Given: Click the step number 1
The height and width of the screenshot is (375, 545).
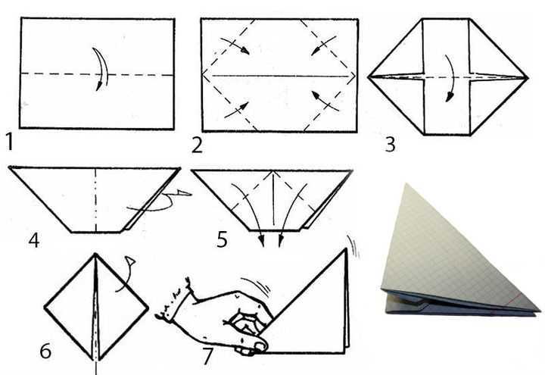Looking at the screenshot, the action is (9, 142).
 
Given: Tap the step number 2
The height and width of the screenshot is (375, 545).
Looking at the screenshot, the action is (197, 145).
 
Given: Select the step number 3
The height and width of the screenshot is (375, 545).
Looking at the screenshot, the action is (391, 144).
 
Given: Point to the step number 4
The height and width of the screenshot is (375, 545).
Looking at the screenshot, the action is (34, 239).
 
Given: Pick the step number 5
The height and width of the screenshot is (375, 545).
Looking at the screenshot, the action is (222, 239).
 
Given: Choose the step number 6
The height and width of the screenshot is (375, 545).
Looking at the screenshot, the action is (45, 351).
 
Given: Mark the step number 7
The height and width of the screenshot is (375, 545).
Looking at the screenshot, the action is (207, 357).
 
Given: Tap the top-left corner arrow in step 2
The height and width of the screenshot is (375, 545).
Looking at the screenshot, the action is (235, 45).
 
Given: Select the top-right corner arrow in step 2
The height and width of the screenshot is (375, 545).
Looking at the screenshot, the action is (324, 45).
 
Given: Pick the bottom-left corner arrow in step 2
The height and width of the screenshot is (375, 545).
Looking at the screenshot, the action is (236, 110).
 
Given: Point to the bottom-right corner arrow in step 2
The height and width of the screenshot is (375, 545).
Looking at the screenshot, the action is (325, 101).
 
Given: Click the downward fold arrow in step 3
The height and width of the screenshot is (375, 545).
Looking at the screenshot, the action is (450, 78).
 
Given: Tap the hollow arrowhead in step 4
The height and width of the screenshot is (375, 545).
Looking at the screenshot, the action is (184, 192).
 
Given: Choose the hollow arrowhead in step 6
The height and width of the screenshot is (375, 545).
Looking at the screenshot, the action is (131, 261).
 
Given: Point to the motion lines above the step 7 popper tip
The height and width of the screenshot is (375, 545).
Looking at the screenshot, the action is (353, 247).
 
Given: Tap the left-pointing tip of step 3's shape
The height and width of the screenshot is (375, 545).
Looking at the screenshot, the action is (369, 77).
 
